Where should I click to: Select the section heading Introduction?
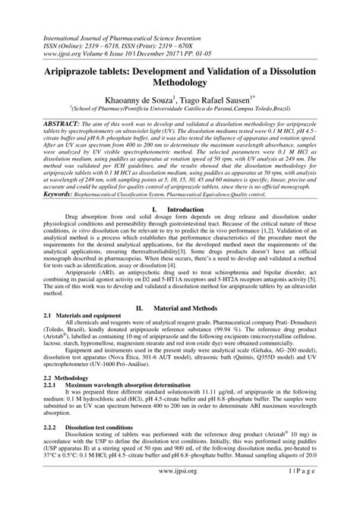188,207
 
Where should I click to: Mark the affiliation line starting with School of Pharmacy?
180,109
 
